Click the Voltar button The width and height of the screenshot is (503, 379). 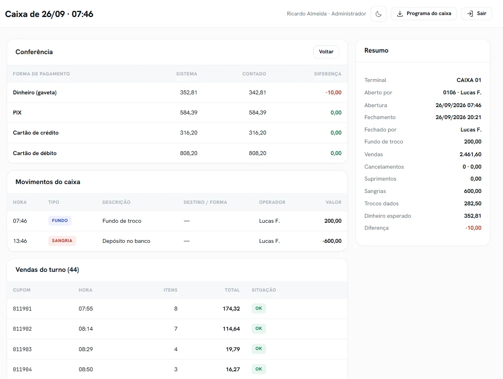pyautogui.click(x=326, y=52)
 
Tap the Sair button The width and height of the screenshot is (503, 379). pyautogui.click(x=476, y=14)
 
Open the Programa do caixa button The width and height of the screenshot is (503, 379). pyautogui.click(x=424, y=14)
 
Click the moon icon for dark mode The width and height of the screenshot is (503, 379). pyautogui.click(x=378, y=14)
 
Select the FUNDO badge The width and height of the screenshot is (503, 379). pyautogui.click(x=60, y=220)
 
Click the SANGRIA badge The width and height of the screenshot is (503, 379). pyautogui.click(x=62, y=241)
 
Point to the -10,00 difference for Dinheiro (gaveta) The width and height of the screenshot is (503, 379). pyautogui.click(x=334, y=92)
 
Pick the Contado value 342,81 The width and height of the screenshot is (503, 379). pyautogui.click(x=257, y=92)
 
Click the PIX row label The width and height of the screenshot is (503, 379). pyautogui.click(x=17, y=113)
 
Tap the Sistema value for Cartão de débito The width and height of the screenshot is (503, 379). pyautogui.click(x=188, y=153)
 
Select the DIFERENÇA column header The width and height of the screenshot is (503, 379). pyautogui.click(x=328, y=74)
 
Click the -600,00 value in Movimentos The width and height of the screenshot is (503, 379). pyautogui.click(x=332, y=241)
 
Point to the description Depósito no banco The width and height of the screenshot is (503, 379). pyautogui.click(x=126, y=241)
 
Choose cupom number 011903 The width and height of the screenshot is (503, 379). pyautogui.click(x=22, y=349)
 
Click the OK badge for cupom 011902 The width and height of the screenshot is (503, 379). pyautogui.click(x=259, y=329)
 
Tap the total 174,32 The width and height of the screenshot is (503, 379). pyautogui.click(x=231, y=309)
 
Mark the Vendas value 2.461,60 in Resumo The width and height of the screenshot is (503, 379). pyautogui.click(x=470, y=154)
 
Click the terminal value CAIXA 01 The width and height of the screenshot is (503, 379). pyautogui.click(x=469, y=80)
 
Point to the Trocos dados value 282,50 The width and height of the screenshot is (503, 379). pyautogui.click(x=472, y=203)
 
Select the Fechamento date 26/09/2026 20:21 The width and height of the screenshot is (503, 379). pyautogui.click(x=459, y=117)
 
